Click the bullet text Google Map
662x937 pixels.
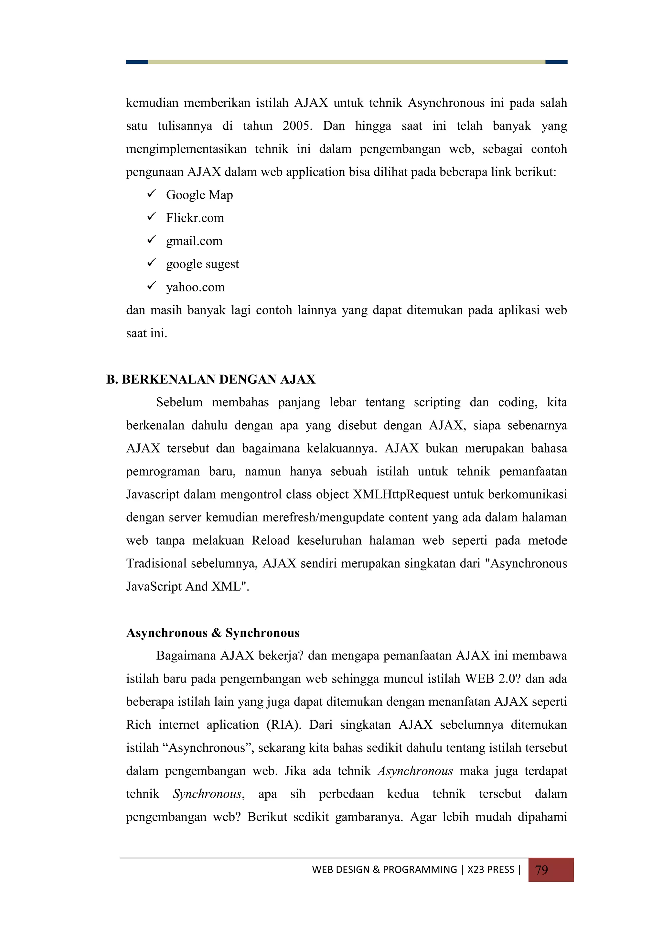pyautogui.click(x=199, y=195)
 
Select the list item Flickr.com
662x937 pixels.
pyautogui.click(x=195, y=218)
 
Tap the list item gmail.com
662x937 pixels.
pyautogui.click(x=194, y=241)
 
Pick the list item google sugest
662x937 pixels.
pyautogui.click(x=202, y=264)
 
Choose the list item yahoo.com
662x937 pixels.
pyautogui.click(x=195, y=287)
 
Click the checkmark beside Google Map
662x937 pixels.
pyautogui.click(x=152, y=193)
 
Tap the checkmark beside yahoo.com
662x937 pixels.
pyautogui.click(x=152, y=286)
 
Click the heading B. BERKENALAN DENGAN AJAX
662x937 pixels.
pyautogui.click(x=211, y=379)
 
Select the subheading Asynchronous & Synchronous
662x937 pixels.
pyautogui.click(x=213, y=633)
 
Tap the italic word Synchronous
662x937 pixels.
pyautogui.click(x=208, y=794)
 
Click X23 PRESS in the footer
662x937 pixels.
pyautogui.click(x=491, y=870)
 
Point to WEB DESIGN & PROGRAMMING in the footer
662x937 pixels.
pyautogui.click(x=384, y=870)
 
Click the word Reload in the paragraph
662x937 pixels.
pyautogui.click(x=271, y=541)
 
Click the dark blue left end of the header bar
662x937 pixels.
pyautogui.click(x=137, y=62)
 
